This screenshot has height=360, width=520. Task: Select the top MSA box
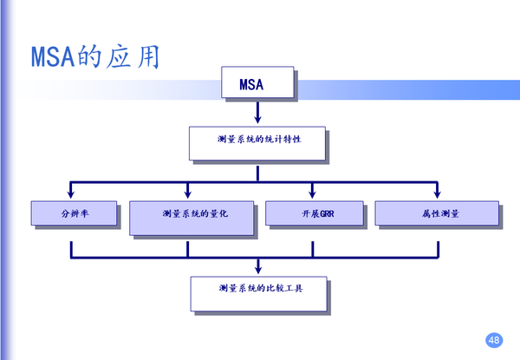click(257, 84)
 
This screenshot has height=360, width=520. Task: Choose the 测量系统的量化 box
click(192, 217)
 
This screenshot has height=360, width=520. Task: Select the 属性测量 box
click(436, 213)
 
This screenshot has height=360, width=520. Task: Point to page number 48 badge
click(495, 339)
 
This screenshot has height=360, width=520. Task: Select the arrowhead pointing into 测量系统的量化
click(187, 193)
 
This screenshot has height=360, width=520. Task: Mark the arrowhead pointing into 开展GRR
click(312, 193)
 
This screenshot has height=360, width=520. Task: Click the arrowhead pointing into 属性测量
click(437, 193)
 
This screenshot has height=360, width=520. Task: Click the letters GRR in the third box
click(322, 214)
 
